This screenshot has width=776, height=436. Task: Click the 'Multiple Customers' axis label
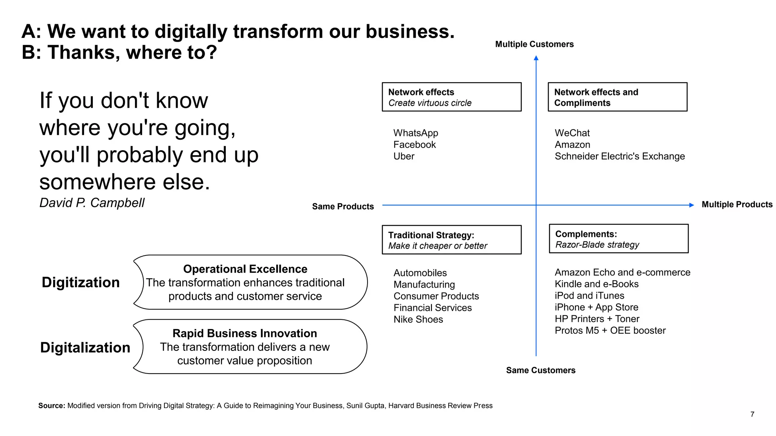point(534,44)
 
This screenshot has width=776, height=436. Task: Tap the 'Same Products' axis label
point(343,206)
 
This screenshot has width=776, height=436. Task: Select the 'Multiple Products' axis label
point(737,204)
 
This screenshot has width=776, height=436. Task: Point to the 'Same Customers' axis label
point(540,370)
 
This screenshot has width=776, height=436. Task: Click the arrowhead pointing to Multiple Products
point(692,205)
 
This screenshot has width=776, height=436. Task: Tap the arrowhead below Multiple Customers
point(536,58)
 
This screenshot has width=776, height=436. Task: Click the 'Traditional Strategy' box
point(451,240)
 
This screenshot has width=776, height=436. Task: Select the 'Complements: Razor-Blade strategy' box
point(618,239)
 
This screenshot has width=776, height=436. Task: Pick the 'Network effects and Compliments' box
point(617,97)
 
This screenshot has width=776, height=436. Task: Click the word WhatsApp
point(416,133)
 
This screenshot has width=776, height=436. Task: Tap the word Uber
point(404,156)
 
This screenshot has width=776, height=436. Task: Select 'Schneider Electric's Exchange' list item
point(620,156)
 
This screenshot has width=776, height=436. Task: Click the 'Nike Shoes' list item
point(418,319)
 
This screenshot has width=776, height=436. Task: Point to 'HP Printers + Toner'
point(597,319)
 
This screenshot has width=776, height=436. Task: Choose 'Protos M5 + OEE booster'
point(610,330)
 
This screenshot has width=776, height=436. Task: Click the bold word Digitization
point(81,282)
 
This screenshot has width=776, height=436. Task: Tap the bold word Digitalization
point(85,347)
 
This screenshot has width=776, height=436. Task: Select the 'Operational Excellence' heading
point(245,269)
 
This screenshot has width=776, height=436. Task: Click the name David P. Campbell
point(92,203)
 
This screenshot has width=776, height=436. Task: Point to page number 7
point(752,414)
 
